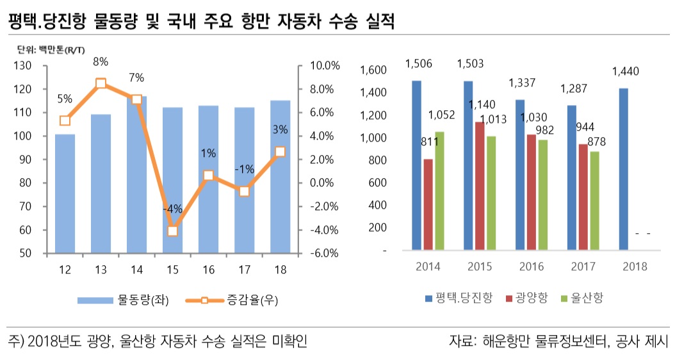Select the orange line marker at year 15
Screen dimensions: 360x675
172,231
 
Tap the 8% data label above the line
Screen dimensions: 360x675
101,62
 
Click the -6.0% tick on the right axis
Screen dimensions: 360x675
324,253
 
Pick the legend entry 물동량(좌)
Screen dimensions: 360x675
124,300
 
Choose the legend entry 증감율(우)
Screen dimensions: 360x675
233,300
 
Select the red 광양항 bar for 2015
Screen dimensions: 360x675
478,186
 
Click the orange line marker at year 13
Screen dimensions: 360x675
101,84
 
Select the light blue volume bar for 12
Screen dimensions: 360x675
65,193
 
